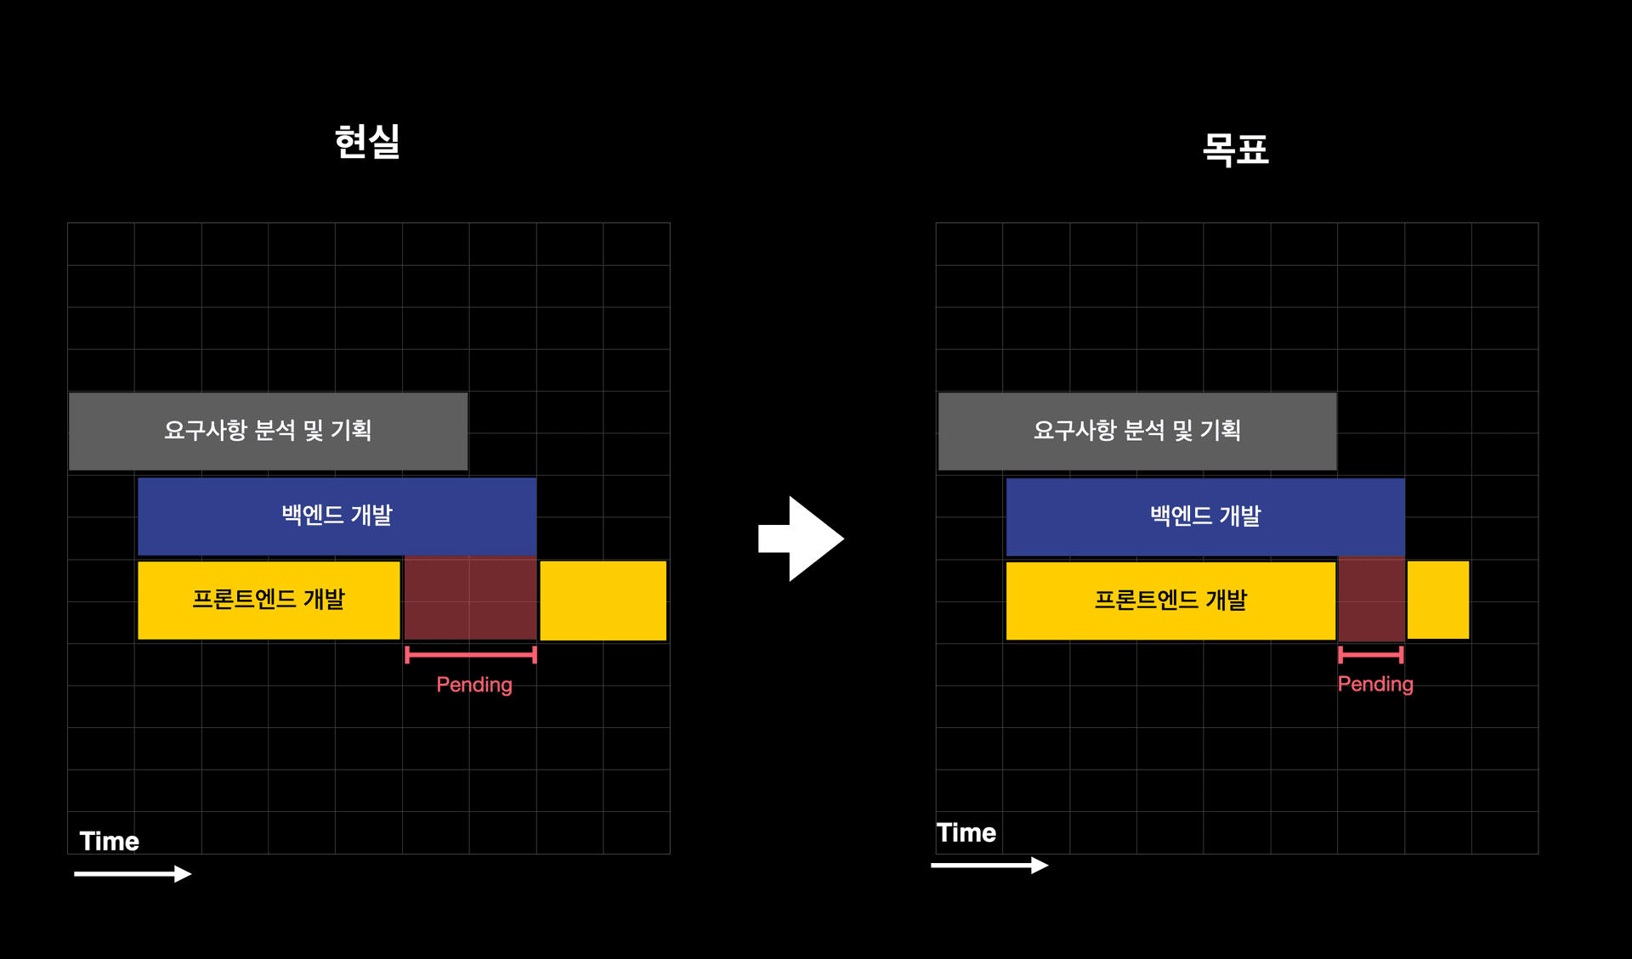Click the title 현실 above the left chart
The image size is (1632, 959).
367,142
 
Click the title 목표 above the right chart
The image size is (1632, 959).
1235,149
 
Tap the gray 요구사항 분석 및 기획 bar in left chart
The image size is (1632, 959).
268,431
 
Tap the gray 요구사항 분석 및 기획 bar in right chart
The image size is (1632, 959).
1137,431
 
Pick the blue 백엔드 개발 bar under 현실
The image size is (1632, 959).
337,516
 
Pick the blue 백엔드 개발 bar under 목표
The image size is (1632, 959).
1205,516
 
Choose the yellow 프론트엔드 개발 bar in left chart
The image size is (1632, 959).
269,600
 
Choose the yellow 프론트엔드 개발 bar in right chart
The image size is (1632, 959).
1170,600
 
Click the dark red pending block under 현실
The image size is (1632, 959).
470,599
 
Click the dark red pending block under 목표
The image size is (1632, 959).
1371,599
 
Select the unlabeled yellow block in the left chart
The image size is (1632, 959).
603,600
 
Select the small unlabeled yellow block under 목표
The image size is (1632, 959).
1438,600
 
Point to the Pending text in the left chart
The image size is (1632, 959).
474,685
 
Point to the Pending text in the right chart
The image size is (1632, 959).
1375,684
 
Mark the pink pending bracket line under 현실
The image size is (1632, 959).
471,654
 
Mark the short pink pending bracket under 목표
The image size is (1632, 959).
1370,654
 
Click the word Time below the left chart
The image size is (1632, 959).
110,841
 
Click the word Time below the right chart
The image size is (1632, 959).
966,832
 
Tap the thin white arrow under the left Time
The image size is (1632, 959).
133,873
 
